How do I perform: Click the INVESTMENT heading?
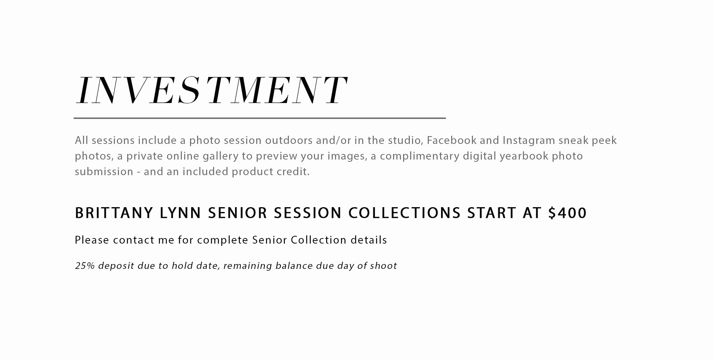pos(212,90)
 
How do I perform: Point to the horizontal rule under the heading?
pos(260,118)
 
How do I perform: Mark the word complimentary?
pos(419,156)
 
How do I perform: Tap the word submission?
pos(104,171)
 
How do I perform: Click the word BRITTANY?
pos(114,213)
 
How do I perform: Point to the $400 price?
pos(567,213)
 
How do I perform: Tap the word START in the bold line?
pos(492,213)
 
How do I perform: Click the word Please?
pos(92,240)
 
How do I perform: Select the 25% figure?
pos(85,266)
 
